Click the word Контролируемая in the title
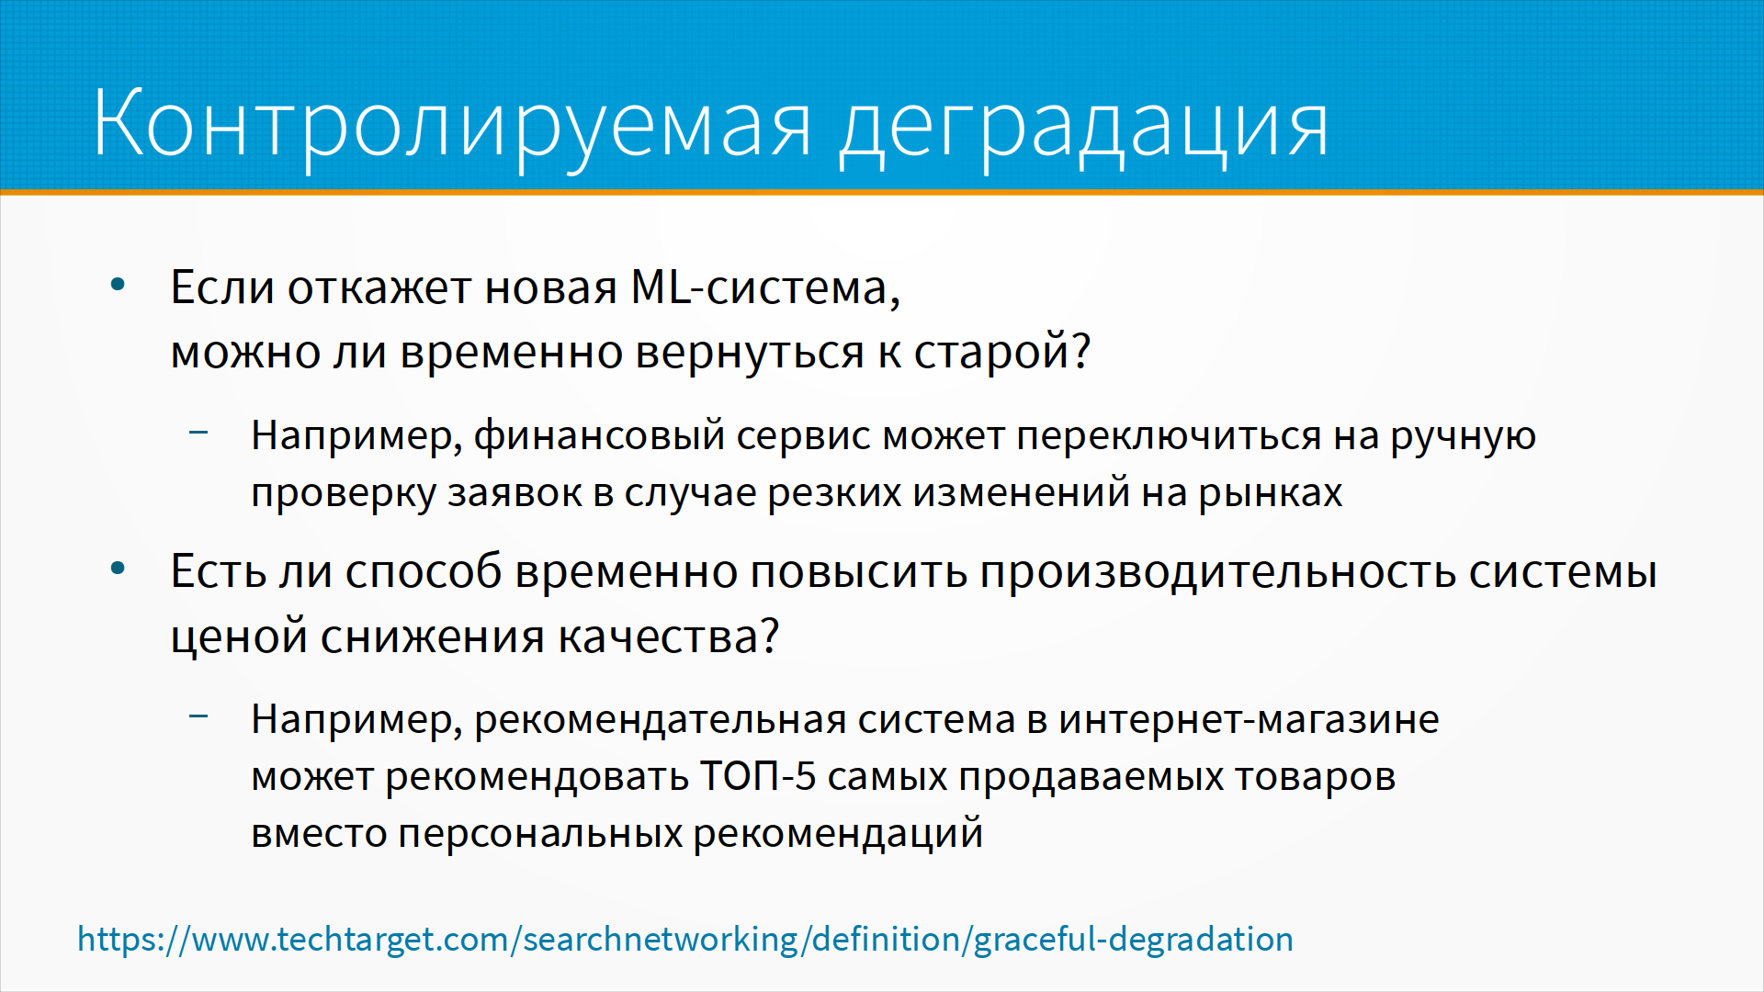pos(452,125)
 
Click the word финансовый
pos(600,435)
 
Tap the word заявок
pos(514,493)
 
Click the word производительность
pos(1218,572)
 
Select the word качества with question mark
pos(669,637)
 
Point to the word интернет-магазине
pos(1249,719)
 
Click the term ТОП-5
pos(758,776)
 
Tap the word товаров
pos(1315,777)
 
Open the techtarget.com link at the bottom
pos(685,940)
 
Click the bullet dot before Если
pos(118,285)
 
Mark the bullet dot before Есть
pos(118,569)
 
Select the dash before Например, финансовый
pos(198,431)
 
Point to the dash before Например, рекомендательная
pos(198,715)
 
